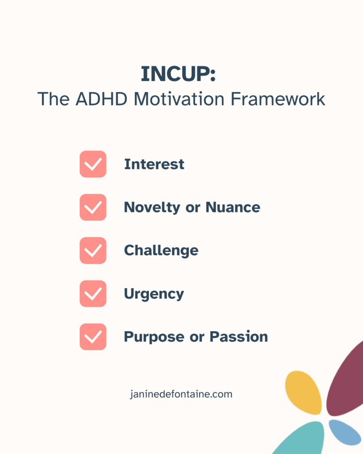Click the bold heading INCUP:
178,74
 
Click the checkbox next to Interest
93,164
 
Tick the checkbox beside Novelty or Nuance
93,207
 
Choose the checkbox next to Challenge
93,250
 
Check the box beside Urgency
93,294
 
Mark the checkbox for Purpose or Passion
93,337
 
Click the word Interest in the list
154,164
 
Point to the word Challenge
161,250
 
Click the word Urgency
154,294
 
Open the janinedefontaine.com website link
181,394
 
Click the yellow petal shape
304,392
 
